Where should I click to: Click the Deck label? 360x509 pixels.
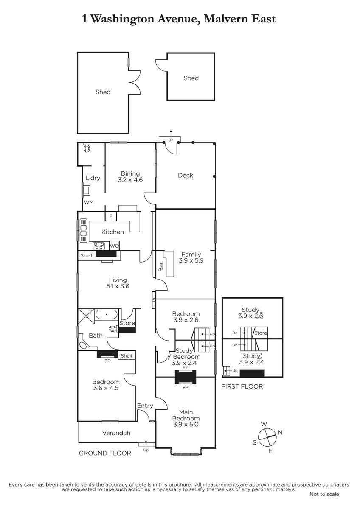click(x=186, y=176)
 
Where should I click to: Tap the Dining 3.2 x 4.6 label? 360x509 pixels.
click(x=130, y=177)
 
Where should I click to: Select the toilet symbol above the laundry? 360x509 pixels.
click(x=87, y=148)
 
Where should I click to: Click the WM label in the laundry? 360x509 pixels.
click(x=89, y=202)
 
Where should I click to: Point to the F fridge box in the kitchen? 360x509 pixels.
click(x=111, y=216)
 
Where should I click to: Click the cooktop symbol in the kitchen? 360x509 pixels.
click(x=99, y=246)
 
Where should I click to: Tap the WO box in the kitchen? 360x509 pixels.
click(x=114, y=246)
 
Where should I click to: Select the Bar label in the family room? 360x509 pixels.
click(x=161, y=267)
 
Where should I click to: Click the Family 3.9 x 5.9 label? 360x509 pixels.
click(x=191, y=257)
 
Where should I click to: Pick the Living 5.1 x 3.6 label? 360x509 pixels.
click(x=118, y=283)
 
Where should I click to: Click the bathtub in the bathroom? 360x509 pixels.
click(x=106, y=315)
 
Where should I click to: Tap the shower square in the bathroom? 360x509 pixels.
click(x=86, y=316)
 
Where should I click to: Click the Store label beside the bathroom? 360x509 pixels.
click(x=127, y=323)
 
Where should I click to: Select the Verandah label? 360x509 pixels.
click(x=116, y=433)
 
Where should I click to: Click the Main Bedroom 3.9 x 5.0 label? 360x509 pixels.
click(x=186, y=418)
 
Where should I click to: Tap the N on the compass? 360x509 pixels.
click(x=280, y=432)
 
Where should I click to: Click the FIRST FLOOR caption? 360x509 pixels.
click(x=242, y=386)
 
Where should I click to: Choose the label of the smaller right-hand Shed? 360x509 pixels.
click(x=191, y=78)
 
